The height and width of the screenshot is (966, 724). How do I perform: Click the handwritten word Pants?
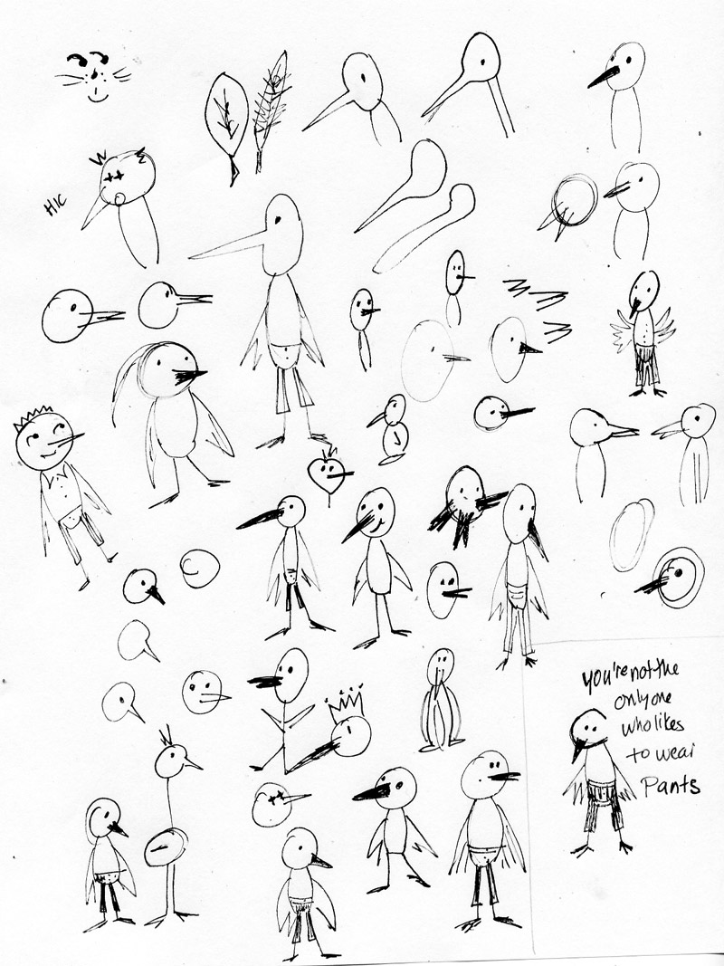671,786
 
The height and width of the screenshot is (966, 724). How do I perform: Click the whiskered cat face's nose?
93,75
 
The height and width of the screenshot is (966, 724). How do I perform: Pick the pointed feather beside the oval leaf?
270,110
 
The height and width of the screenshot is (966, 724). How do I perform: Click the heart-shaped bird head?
327,473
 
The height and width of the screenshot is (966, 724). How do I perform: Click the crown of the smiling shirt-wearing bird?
31,416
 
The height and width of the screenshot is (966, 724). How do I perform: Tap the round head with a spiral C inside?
199,568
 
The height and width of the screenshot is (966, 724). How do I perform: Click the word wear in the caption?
661,753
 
